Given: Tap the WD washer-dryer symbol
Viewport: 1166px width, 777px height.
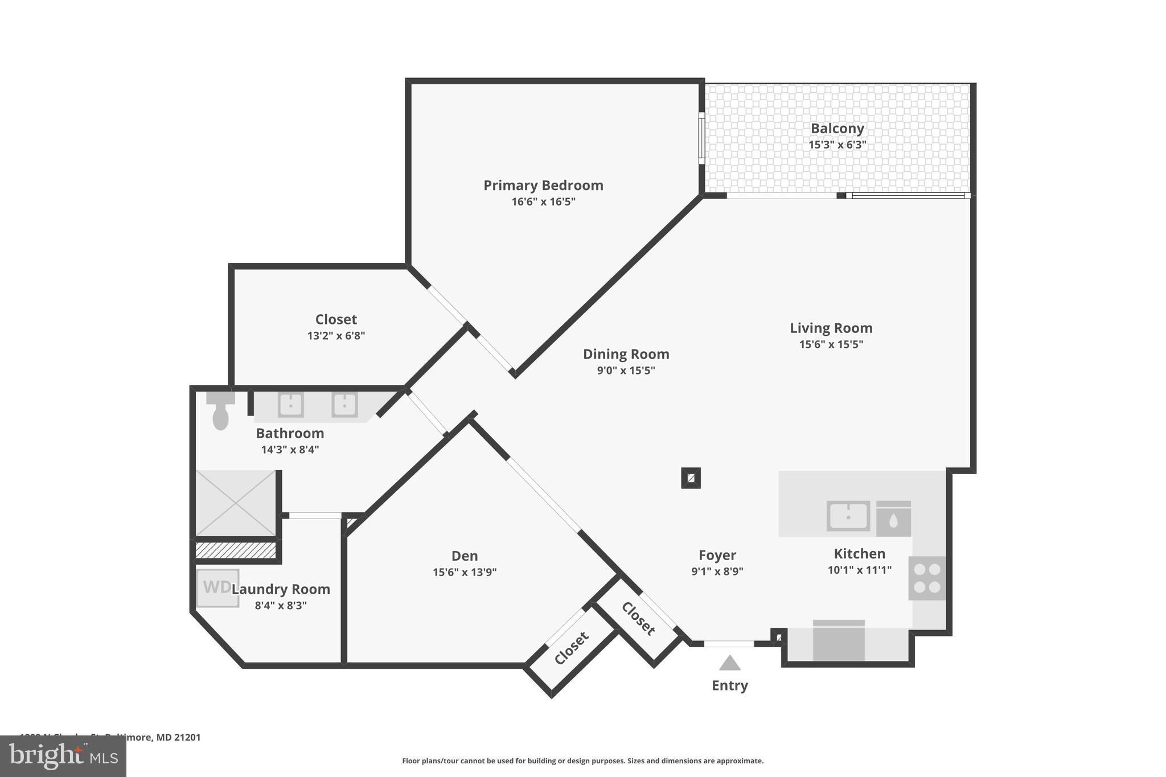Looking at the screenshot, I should point(217,587).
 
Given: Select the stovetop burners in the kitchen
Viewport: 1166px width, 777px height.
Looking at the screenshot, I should point(927,578).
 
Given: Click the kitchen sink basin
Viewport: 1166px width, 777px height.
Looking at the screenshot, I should point(848,516).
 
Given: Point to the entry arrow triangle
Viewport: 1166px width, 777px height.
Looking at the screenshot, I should point(729,663).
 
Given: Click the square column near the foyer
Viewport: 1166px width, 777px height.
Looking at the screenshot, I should point(691,478).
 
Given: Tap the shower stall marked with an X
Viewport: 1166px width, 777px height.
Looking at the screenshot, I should point(236,503).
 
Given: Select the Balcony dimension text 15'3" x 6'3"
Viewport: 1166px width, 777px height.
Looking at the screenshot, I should point(837,145).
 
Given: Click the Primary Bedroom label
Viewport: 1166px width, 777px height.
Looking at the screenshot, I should point(543,186).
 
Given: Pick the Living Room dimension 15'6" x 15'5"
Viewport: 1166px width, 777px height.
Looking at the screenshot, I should point(831,344).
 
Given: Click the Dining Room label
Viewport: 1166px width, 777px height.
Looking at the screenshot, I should point(626,354).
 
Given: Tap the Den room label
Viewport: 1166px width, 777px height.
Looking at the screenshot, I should point(465,556).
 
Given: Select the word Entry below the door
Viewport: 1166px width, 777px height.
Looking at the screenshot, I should point(730,685).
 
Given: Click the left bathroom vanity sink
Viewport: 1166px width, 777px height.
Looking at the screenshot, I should point(290,405).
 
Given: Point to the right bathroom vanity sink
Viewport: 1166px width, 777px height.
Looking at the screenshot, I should point(344,405).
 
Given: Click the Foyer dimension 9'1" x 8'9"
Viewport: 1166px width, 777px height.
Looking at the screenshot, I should point(717,571).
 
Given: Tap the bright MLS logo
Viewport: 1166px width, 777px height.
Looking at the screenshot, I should point(63,757).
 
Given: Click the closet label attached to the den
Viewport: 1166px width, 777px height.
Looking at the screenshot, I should point(571,648).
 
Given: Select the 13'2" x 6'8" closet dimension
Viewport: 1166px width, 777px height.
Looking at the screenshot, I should point(336,336).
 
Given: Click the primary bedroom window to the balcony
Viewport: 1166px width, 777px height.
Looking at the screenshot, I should point(702,138).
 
